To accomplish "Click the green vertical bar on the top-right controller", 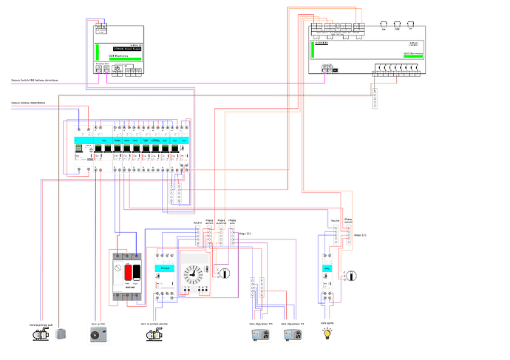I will [x=314, y=49].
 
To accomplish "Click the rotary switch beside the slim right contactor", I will [x=351, y=276].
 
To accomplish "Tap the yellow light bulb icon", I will [x=327, y=334].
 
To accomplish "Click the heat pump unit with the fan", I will [x=98, y=335].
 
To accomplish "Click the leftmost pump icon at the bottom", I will [x=39, y=335].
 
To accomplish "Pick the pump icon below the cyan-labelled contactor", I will [x=153, y=335].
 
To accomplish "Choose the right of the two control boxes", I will [x=293, y=335].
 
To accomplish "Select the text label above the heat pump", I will [x=98, y=323].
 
